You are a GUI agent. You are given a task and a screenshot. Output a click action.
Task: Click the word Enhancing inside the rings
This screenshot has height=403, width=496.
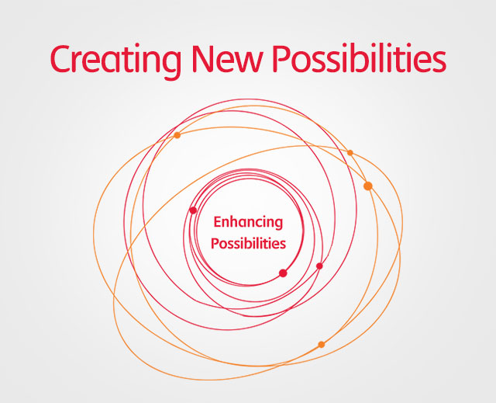[248, 222]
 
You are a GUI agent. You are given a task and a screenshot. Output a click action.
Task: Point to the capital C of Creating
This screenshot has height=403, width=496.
[61, 59]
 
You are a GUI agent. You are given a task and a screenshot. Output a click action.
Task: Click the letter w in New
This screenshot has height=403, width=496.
[248, 61]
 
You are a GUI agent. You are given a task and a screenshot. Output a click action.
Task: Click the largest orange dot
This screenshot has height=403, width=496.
[368, 186]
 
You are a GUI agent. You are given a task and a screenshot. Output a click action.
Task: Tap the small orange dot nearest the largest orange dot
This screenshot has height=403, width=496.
[350, 153]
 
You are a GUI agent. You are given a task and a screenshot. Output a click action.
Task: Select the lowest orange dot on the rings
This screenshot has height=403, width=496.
[322, 344]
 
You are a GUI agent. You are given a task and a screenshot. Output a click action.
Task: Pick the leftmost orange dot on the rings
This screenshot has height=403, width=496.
[177, 135]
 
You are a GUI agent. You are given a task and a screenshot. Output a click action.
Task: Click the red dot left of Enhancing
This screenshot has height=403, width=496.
[193, 210]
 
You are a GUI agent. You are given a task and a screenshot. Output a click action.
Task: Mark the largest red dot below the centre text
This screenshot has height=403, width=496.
[283, 273]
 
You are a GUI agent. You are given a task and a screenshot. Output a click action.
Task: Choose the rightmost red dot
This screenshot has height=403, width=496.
[319, 266]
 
